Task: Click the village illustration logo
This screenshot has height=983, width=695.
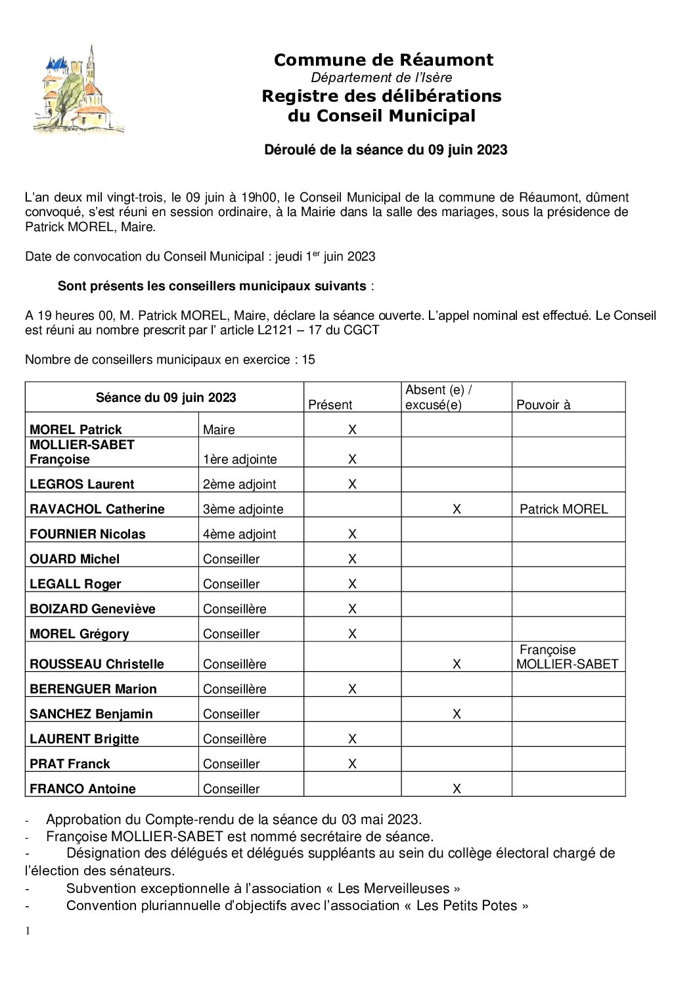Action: click(78, 91)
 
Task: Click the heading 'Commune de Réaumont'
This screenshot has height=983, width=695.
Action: click(383, 60)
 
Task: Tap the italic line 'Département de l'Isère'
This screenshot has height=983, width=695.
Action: click(381, 77)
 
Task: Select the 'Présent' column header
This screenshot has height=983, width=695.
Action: click(330, 404)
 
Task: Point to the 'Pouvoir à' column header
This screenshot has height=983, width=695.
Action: click(543, 404)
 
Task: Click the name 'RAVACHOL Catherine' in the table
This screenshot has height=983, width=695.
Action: click(97, 509)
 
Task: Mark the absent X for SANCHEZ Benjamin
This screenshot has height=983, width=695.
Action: click(457, 714)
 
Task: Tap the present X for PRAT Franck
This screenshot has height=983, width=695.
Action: click(352, 764)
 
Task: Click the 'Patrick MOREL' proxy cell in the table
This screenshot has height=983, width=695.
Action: click(564, 509)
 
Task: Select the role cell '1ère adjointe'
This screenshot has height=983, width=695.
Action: click(240, 459)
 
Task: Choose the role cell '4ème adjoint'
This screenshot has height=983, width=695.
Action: click(240, 534)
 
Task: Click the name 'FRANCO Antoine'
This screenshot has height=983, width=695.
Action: click(83, 789)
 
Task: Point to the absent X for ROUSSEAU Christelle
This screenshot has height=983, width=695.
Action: click(457, 664)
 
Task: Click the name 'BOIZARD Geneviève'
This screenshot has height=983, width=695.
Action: click(93, 609)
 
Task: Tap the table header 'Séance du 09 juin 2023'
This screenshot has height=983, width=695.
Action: click(166, 397)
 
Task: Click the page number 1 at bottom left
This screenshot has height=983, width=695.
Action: click(28, 930)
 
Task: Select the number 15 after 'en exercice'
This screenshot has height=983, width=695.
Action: click(308, 359)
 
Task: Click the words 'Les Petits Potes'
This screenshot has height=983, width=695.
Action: click(467, 906)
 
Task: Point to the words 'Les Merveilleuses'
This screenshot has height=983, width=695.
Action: click(393, 888)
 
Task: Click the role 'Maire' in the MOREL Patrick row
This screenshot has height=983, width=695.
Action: click(219, 429)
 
